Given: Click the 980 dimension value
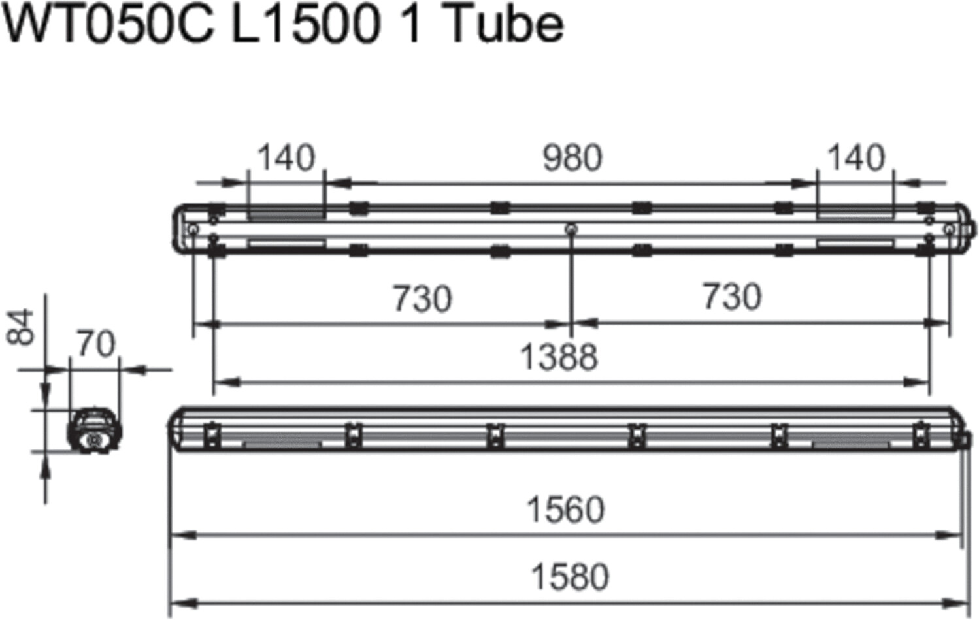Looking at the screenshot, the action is click(x=572, y=157).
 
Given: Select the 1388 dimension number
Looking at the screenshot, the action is click(x=559, y=357).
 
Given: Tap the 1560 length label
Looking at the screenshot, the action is click(x=566, y=510).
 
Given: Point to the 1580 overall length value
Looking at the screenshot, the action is click(x=570, y=577).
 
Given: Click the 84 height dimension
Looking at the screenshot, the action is click(x=20, y=327).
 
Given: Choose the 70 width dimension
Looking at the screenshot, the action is click(x=96, y=344).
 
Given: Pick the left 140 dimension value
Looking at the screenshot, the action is click(x=286, y=157).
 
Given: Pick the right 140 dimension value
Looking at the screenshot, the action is click(x=857, y=157).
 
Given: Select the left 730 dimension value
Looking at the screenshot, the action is click(x=422, y=299).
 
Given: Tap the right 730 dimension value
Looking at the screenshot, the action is click(x=732, y=297).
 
